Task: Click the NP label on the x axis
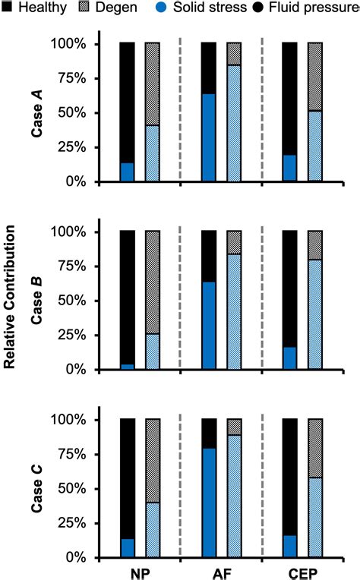(x=139, y=572)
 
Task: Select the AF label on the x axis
(x=221, y=572)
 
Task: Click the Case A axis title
(x=36, y=113)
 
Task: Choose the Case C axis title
(x=36, y=488)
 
